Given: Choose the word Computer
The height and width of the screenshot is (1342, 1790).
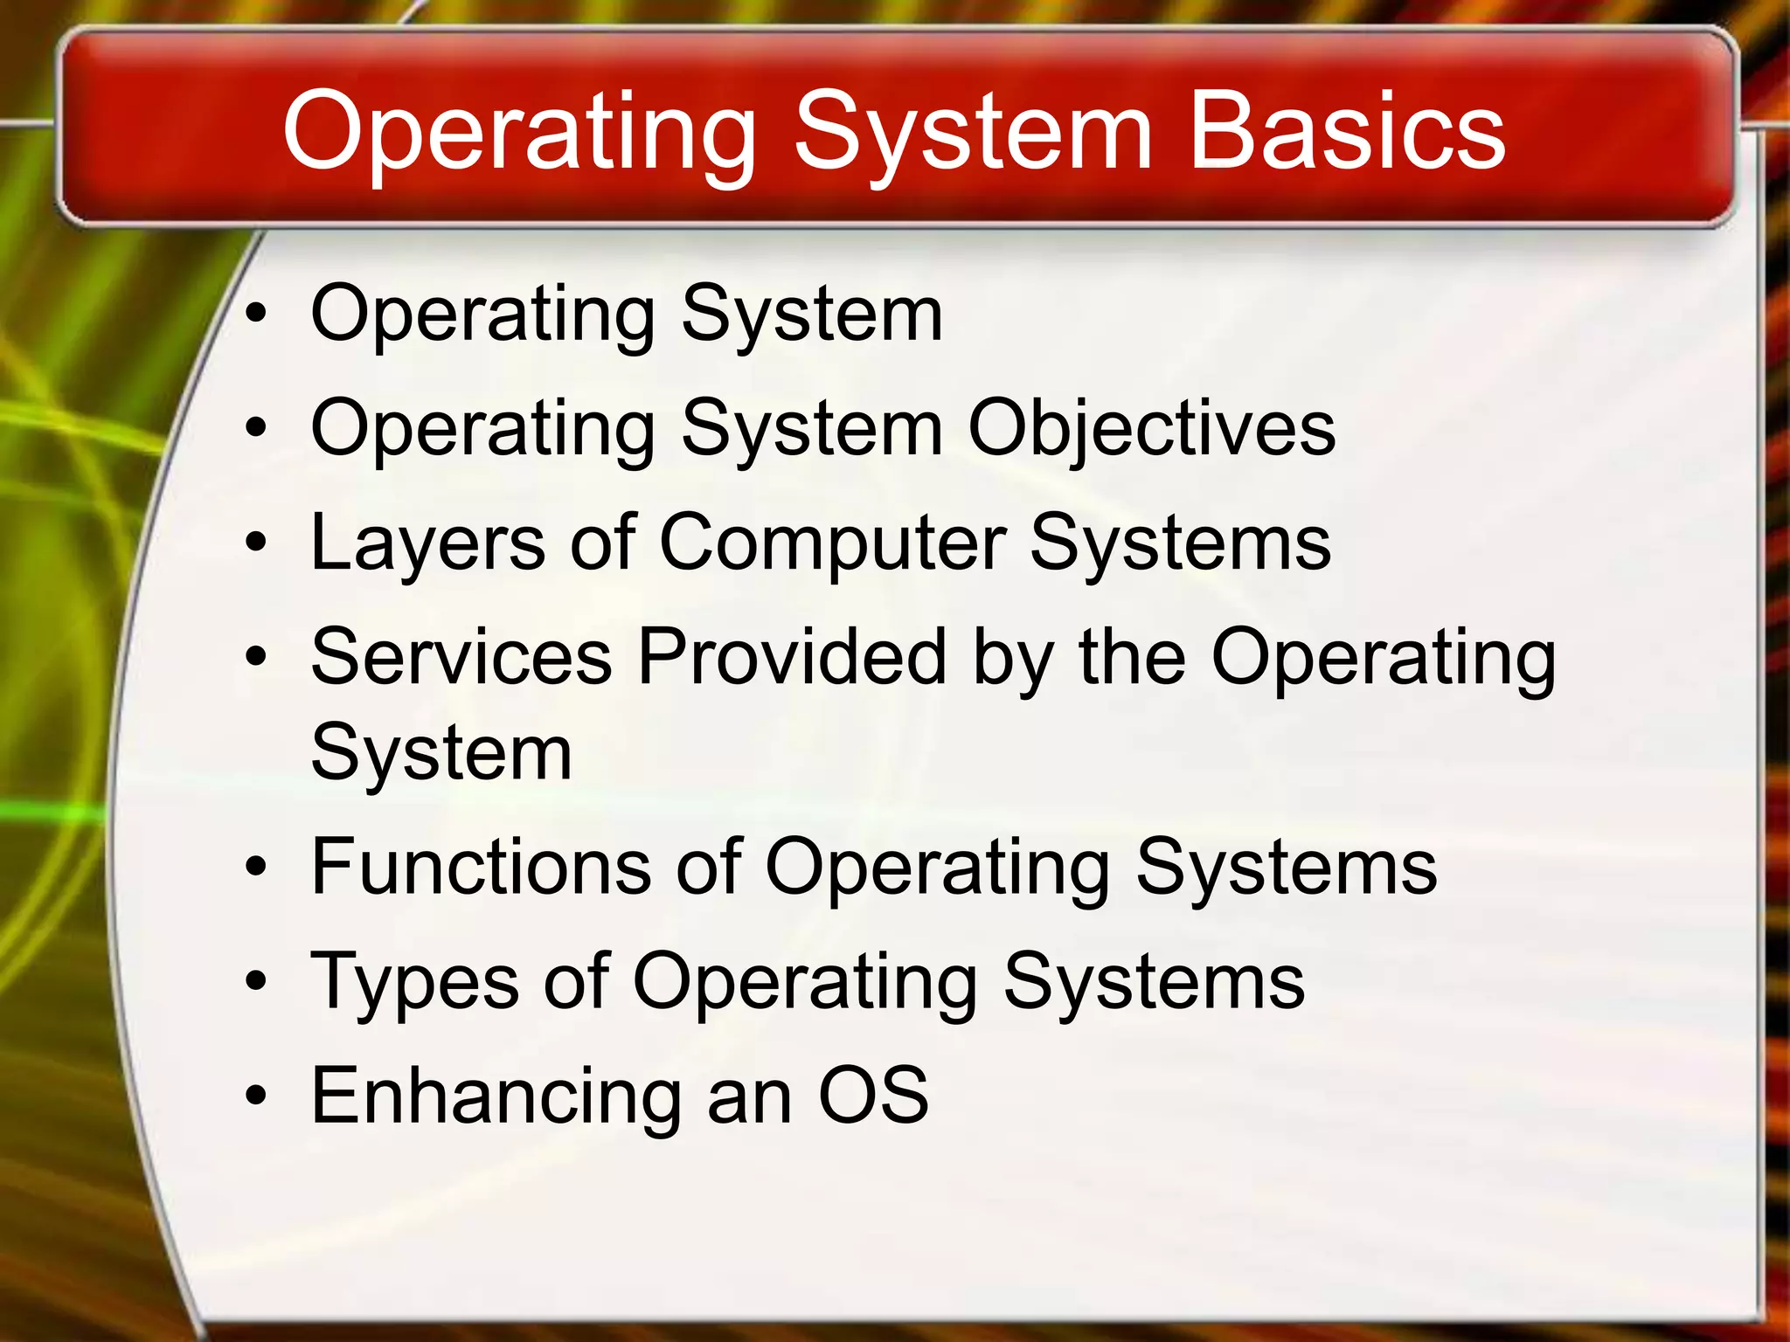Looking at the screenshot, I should click(832, 543).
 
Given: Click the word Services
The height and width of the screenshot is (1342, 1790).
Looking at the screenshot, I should click(461, 656).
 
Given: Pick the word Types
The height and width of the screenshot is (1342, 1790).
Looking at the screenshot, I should click(414, 982).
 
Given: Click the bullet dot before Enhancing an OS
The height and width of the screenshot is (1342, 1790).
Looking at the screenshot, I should click(255, 1096).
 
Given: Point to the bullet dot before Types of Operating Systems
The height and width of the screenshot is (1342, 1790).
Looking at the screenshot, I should click(255, 981).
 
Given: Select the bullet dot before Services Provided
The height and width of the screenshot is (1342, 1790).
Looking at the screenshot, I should click(255, 656).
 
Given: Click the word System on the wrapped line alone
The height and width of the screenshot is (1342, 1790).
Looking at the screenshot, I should click(441, 754).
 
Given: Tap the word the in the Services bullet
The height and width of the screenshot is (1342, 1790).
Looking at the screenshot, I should click(1132, 656).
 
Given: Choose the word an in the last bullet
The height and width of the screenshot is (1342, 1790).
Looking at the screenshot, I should click(748, 1097).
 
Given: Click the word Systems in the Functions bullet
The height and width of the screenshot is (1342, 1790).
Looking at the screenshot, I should click(1286, 867).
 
